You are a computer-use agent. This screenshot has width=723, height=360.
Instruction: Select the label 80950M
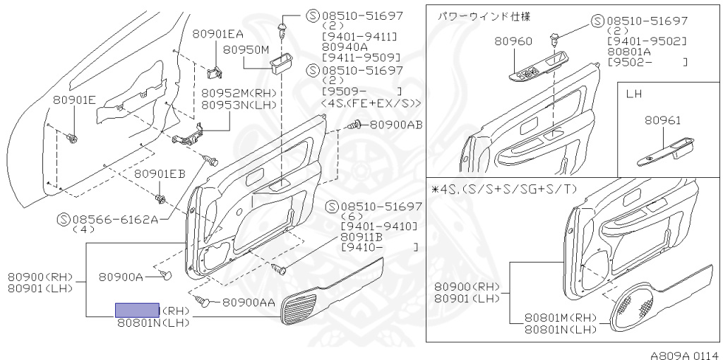(x=247, y=50)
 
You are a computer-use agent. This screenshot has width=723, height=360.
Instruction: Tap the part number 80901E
(x=74, y=100)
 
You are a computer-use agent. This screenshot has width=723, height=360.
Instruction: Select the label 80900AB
(x=396, y=125)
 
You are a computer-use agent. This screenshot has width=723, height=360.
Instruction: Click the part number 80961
(x=662, y=121)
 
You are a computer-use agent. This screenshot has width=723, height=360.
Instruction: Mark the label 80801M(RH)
(x=562, y=318)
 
